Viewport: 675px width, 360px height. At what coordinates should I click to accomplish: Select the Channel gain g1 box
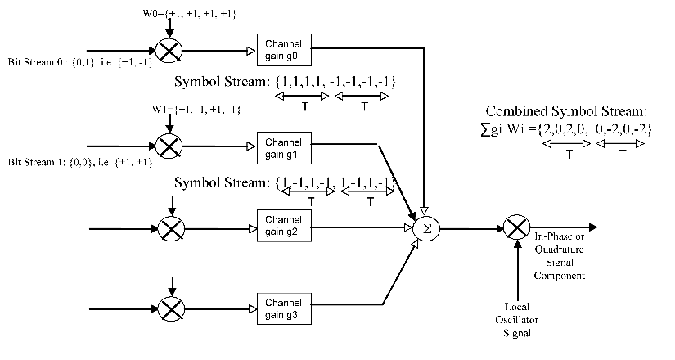pyautogui.click(x=282, y=145)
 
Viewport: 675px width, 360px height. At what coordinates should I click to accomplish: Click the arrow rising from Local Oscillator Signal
pyautogui.click(x=516, y=270)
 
